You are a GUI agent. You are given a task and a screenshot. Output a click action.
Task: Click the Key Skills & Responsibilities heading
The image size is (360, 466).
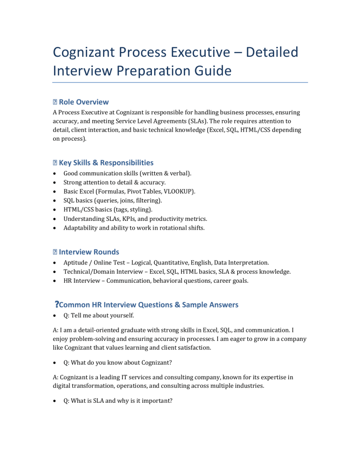coord(106,163)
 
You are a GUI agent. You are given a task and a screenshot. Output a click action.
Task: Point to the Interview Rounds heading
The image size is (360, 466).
coord(89,252)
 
